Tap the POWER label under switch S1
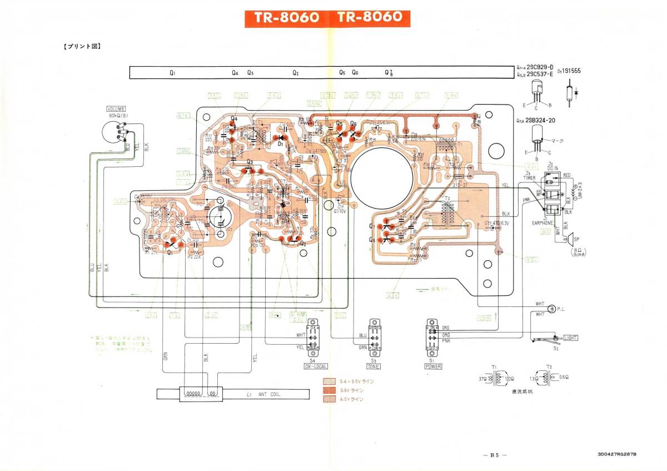[433, 366]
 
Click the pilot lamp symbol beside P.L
[551, 309]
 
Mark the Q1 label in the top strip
[173, 73]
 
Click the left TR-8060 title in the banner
[286, 18]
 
